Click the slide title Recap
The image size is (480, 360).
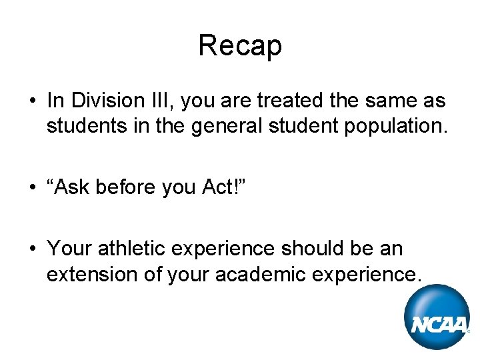click(240, 45)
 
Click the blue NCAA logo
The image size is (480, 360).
click(438, 317)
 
